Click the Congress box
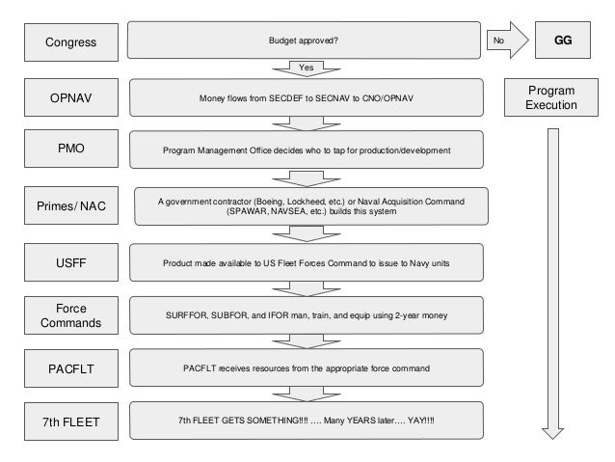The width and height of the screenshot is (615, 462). coord(71,42)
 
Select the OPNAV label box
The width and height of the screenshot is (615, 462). coord(71,97)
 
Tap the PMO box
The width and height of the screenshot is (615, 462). coord(71,149)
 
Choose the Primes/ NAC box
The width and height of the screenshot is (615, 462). coord(71,205)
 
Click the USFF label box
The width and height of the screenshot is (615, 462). coord(71,262)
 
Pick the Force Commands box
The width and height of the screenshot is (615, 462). coord(71,315)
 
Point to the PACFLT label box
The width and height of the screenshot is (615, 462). coord(71,368)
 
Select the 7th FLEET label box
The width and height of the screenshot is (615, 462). coord(71,421)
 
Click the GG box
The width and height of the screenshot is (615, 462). coord(563,41)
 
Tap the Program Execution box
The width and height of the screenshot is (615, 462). coord(551,97)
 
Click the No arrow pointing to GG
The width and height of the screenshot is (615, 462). coord(508,41)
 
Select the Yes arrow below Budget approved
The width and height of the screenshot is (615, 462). coord(307,68)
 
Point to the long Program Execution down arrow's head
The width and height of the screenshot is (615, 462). coord(552,433)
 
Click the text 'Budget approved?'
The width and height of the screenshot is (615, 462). coord(304,41)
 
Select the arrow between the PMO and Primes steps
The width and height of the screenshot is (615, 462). coord(307,178)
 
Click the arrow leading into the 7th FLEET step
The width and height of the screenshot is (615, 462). coord(307,394)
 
